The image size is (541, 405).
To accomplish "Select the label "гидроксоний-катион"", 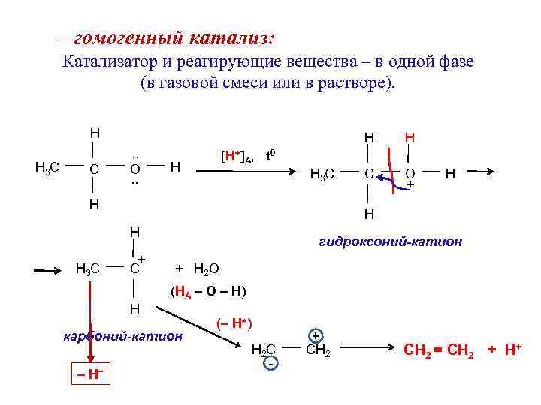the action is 390,241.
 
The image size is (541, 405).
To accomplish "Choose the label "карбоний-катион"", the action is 122,335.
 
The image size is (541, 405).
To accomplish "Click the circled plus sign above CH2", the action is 316,335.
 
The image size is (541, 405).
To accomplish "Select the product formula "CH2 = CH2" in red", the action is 440,349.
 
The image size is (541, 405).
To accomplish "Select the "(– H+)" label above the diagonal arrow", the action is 234,323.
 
